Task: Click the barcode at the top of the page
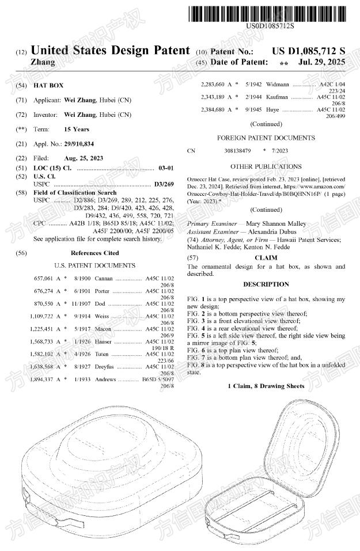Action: coord(270,13)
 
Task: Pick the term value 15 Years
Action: coord(77,129)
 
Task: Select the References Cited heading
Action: coord(94,252)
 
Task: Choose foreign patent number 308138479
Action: coord(237,151)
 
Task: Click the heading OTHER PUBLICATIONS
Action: coord(266,166)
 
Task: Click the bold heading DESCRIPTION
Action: coord(266,284)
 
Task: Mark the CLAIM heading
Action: coord(266,257)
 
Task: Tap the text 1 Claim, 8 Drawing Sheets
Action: coord(266,385)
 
